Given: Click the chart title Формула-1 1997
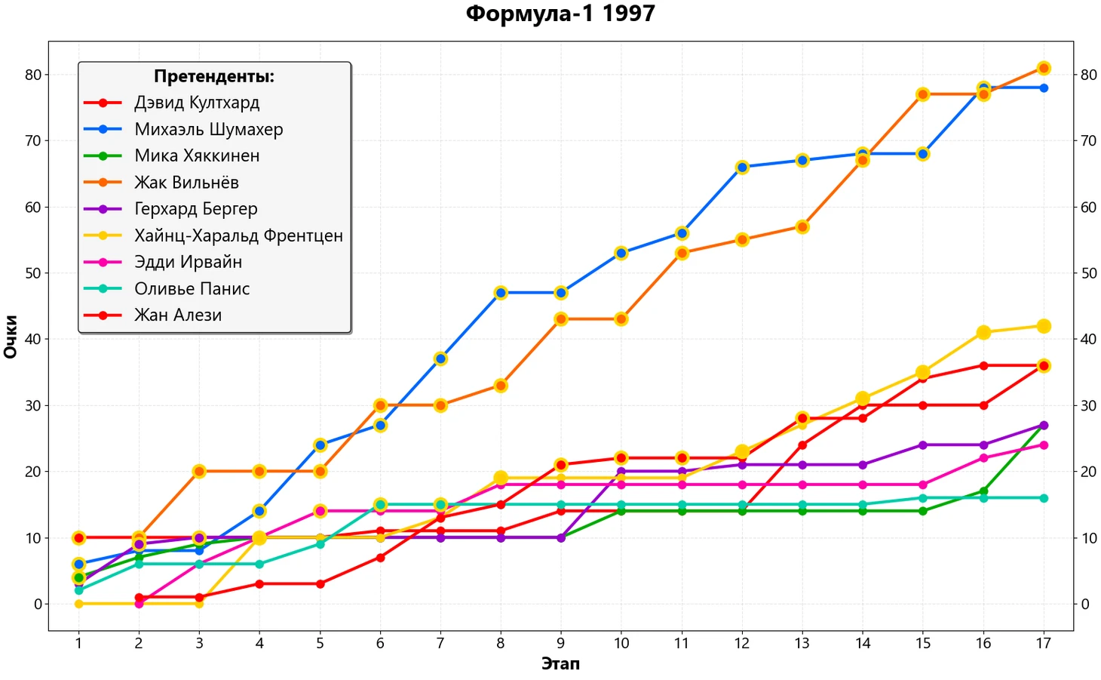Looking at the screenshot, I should [x=560, y=14].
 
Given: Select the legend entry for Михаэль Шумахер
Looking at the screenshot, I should [x=208, y=129].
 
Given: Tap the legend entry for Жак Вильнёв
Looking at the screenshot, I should [x=186, y=183].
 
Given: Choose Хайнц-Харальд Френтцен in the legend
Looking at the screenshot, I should [x=238, y=235].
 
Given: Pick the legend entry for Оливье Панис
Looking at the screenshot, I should [x=192, y=289].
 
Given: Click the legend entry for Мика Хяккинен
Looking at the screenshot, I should [x=197, y=156].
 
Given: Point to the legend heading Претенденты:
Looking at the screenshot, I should [x=214, y=76].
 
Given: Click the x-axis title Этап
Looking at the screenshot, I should [x=560, y=663].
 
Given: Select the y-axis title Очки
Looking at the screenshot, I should [x=11, y=337].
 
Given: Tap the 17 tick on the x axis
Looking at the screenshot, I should [x=1043, y=643].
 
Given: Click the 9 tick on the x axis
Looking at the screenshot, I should [x=560, y=643].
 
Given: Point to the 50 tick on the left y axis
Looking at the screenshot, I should [x=32, y=273].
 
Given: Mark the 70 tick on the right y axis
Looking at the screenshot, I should [x=1088, y=140].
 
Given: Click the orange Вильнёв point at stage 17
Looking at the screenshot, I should [x=1044, y=68].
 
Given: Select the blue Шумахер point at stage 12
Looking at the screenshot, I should [x=742, y=167].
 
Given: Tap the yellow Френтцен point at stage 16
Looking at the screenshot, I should [x=983, y=332].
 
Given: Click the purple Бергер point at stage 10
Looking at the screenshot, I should [x=621, y=472].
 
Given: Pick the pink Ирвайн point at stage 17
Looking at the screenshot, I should [x=1044, y=445].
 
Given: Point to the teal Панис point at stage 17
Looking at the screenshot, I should [x=1044, y=498].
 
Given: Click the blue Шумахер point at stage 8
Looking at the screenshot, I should [x=501, y=292].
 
